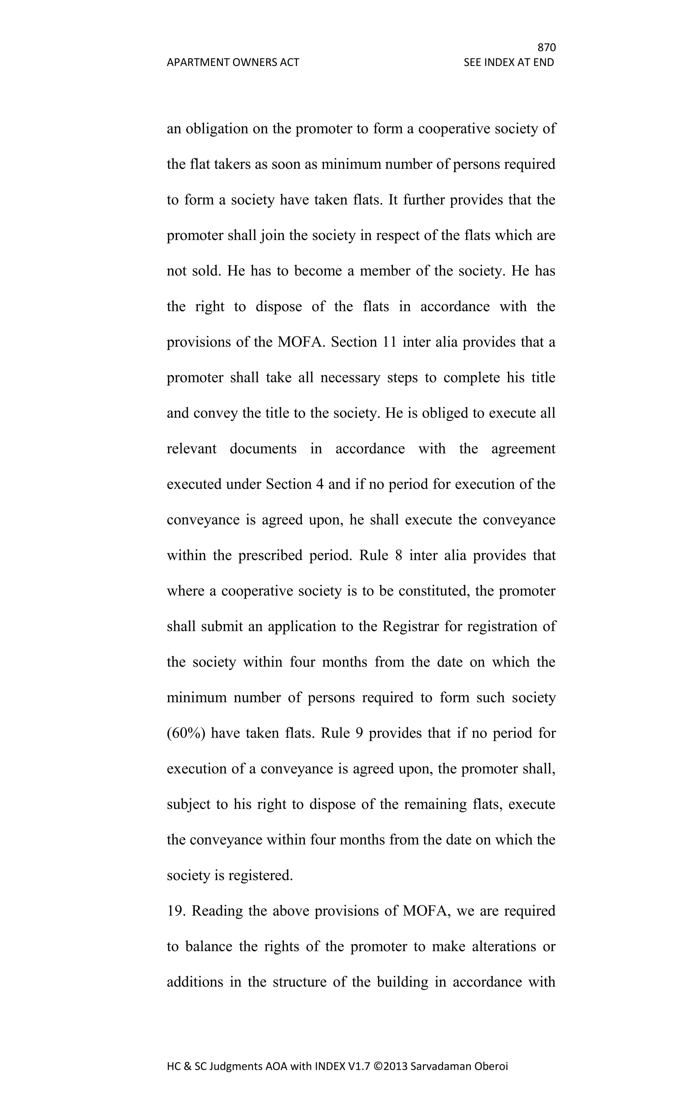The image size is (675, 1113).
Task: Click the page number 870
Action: tap(546, 48)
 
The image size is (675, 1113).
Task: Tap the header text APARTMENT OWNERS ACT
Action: tap(233, 62)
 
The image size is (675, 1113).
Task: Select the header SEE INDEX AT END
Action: tap(509, 62)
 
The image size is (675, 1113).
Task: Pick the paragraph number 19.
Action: tap(176, 911)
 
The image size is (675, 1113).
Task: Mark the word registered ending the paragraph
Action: tap(260, 875)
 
